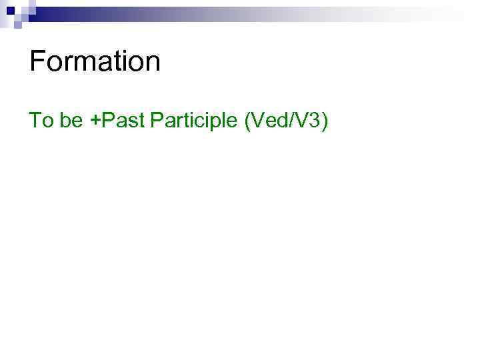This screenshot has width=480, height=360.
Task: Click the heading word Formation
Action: (95, 61)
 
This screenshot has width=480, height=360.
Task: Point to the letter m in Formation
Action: (85, 64)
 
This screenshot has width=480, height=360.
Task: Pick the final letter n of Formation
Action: (153, 64)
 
